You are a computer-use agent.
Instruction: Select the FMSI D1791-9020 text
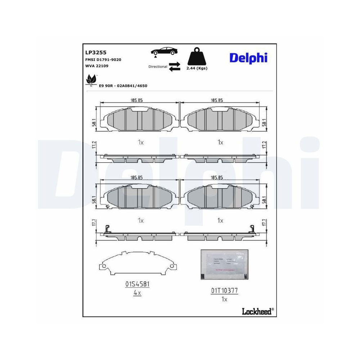click(103, 59)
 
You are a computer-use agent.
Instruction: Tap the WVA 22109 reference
click(96, 66)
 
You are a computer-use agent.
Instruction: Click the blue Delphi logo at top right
click(248, 57)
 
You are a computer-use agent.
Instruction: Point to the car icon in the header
click(164, 51)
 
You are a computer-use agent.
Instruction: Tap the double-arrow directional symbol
click(175, 67)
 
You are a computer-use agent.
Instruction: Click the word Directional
click(158, 67)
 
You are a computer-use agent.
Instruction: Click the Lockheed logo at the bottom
click(256, 311)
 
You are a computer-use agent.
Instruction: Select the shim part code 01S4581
click(137, 284)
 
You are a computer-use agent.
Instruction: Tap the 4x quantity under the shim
click(137, 293)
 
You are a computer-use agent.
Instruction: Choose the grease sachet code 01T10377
click(224, 290)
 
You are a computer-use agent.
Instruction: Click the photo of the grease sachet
click(224, 264)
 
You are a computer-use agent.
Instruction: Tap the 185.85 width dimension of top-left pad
click(137, 100)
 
